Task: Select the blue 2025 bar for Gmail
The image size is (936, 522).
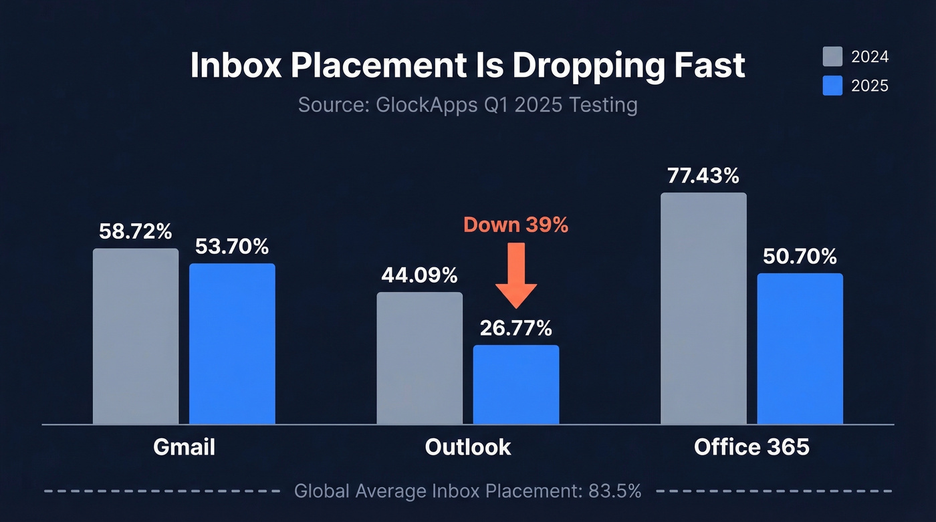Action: click(x=232, y=344)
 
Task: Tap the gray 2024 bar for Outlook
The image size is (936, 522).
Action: click(x=419, y=358)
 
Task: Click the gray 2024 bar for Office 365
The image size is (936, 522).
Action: click(x=703, y=308)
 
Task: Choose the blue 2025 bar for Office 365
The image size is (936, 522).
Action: click(x=800, y=348)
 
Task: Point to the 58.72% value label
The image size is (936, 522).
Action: click(x=136, y=232)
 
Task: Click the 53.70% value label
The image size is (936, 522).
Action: click(x=232, y=247)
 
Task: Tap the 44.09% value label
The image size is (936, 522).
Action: click(x=419, y=275)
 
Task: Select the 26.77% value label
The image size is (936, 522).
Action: click(x=515, y=328)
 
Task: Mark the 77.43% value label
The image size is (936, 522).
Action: click(x=703, y=176)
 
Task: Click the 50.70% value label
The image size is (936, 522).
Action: click(x=800, y=256)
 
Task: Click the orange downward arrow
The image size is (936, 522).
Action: click(x=515, y=274)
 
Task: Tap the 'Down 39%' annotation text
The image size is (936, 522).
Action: click(x=515, y=225)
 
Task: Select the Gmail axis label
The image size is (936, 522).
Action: click(x=185, y=446)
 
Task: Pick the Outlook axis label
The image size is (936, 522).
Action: click(x=468, y=446)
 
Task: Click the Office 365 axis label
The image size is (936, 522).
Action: click(x=751, y=446)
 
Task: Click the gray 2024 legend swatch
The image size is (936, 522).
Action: click(x=832, y=57)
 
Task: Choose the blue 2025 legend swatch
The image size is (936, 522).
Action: click(x=832, y=86)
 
